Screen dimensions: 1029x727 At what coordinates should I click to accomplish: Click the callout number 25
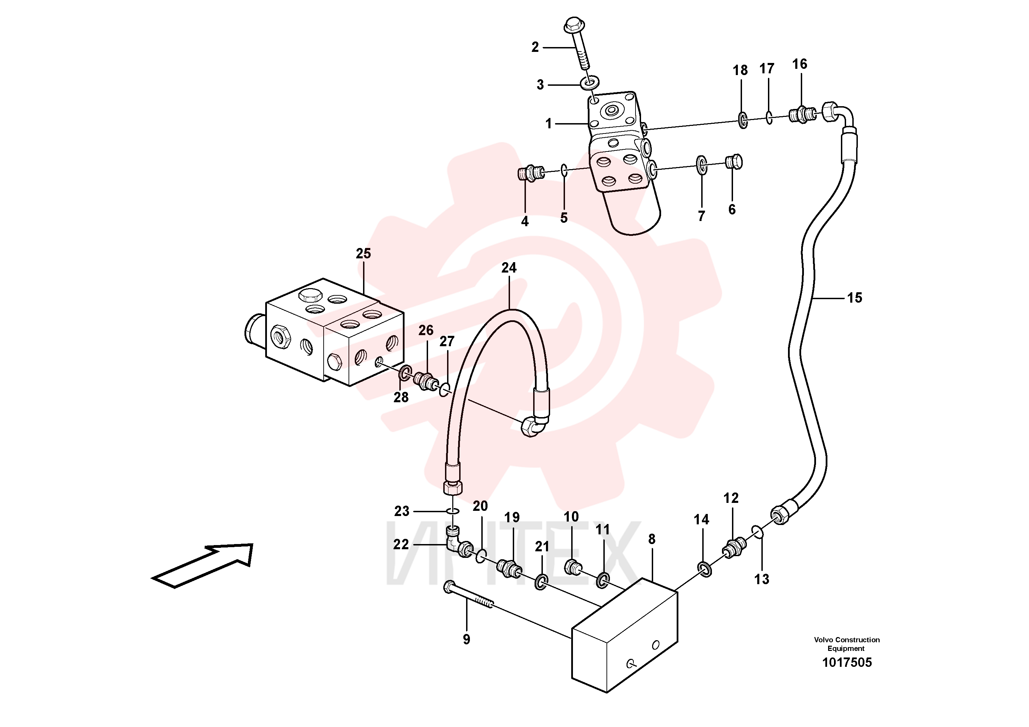click(x=363, y=254)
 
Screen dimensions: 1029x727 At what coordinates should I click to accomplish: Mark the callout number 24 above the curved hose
click(x=509, y=268)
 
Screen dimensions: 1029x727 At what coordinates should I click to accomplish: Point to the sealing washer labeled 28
click(x=404, y=371)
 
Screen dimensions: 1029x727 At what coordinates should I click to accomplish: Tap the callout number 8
click(x=652, y=539)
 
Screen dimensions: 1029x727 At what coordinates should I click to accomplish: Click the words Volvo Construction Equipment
click(x=846, y=644)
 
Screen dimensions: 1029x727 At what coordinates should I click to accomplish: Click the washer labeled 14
click(x=705, y=569)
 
